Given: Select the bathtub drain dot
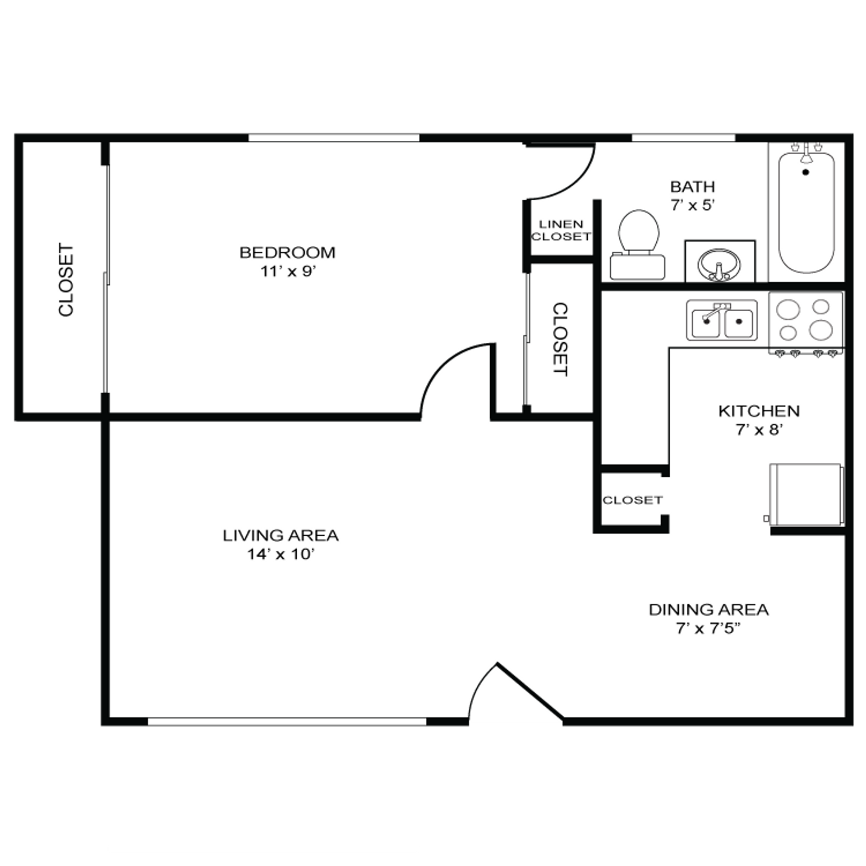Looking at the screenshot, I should (x=806, y=172).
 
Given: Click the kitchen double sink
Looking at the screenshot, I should (x=722, y=320).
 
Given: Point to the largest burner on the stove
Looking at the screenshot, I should (x=820, y=330).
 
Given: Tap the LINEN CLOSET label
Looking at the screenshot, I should (x=561, y=230).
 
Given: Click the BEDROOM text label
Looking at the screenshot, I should (x=287, y=253).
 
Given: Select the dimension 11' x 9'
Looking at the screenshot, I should (x=287, y=272).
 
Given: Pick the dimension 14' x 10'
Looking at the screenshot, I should (x=280, y=554).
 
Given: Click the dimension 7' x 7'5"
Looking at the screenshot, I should (x=708, y=628).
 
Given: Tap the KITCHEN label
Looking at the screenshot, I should (x=759, y=411).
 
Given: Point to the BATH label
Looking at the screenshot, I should (x=692, y=186).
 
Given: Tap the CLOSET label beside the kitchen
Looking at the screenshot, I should (x=632, y=500).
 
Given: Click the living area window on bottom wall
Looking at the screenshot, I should (x=287, y=722).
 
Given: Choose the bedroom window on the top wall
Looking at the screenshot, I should (x=334, y=138).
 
